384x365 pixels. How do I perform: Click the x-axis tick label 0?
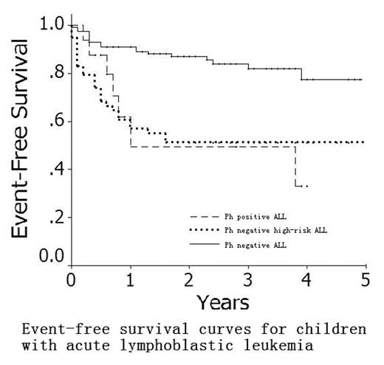71,279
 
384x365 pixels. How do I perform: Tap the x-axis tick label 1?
130,279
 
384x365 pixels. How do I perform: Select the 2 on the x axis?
189,279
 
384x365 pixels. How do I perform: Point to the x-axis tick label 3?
248,279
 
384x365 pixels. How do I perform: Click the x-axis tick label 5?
365,279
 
